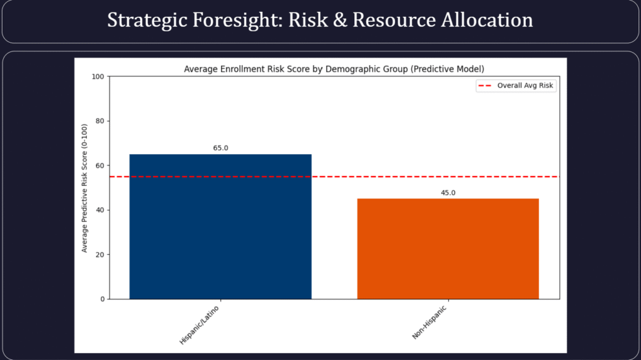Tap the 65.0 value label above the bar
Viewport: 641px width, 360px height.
220,148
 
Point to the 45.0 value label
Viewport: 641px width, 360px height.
448,193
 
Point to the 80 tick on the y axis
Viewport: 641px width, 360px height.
100,121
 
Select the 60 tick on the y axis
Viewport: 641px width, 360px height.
100,165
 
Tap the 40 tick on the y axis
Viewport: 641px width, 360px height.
100,210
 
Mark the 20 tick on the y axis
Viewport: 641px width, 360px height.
100,254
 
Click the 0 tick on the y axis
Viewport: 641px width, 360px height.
102,299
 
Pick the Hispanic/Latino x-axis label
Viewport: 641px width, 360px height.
199,324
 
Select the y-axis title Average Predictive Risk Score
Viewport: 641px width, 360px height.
85,187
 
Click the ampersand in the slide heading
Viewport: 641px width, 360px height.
339,20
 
